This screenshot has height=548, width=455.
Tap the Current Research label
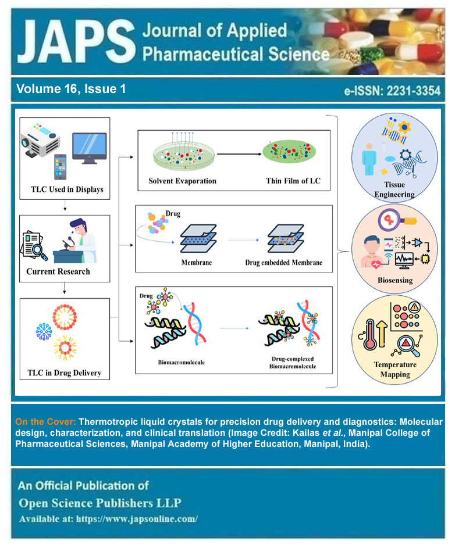click(58, 271)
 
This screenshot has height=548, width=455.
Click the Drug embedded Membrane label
click(285, 262)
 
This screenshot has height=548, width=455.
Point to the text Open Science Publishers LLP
click(104, 502)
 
